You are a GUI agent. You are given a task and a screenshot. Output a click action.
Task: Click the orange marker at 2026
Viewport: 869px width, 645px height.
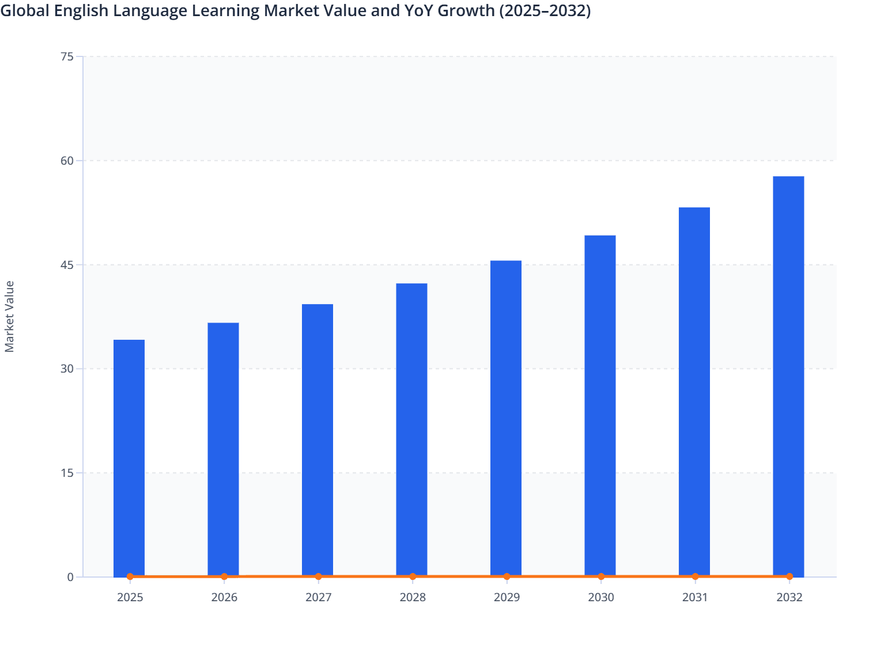pos(224,576)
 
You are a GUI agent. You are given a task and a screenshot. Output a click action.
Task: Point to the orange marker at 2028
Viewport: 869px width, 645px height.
pos(413,576)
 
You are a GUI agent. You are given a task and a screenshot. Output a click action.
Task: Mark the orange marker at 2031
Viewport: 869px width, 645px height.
pos(695,576)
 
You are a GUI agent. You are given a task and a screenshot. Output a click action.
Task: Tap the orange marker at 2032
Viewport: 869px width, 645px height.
pos(789,576)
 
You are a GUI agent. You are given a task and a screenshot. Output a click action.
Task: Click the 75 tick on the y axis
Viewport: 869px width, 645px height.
pos(67,56)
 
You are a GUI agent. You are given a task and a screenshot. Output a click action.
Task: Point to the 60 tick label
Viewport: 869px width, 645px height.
pos(67,161)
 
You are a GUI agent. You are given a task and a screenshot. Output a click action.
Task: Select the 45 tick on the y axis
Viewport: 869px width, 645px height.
pos(67,265)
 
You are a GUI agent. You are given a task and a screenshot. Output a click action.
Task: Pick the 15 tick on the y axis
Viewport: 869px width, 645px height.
pos(67,473)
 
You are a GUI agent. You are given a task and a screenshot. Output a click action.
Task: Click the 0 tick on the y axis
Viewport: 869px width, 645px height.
pos(70,577)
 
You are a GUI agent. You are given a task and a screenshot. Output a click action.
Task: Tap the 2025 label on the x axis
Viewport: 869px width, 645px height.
pos(130,597)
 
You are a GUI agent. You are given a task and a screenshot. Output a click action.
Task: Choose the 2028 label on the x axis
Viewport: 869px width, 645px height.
pos(413,597)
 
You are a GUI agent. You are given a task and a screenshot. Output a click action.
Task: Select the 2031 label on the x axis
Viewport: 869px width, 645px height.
pos(695,597)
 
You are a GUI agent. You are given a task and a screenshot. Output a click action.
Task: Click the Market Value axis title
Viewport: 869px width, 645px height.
pos(9,316)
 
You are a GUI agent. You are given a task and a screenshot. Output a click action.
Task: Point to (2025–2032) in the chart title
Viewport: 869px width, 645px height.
pos(545,10)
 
